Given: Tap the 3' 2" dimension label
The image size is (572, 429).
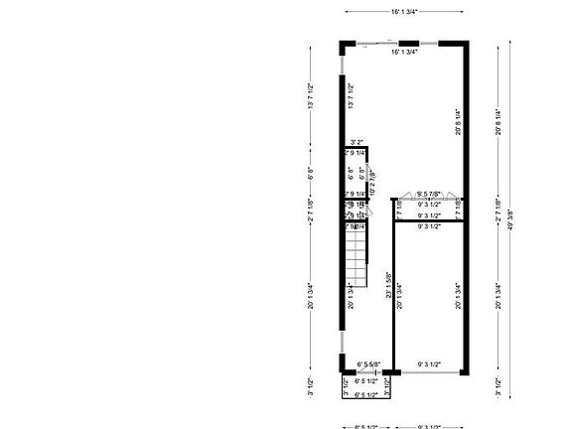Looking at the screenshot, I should [356, 142].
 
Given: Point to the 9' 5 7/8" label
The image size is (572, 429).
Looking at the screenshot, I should [429, 194].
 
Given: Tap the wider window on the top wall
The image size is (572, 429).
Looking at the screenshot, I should [373, 43].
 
